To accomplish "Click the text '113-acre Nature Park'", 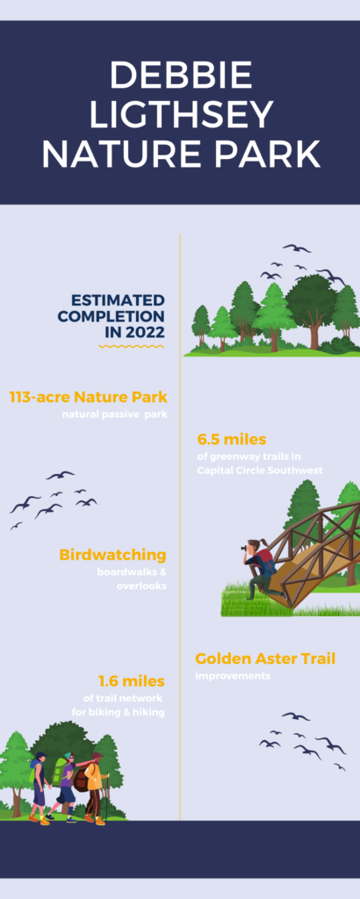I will pos(87,397).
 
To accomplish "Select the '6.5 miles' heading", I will pos(231,439).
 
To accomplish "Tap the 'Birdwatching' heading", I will pos(112,555).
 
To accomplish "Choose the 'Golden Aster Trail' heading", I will pos(265,658).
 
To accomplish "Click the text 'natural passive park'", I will pos(113,414).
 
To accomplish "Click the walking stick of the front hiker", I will pos(106,795).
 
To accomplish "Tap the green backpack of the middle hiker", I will pos(59,772).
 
